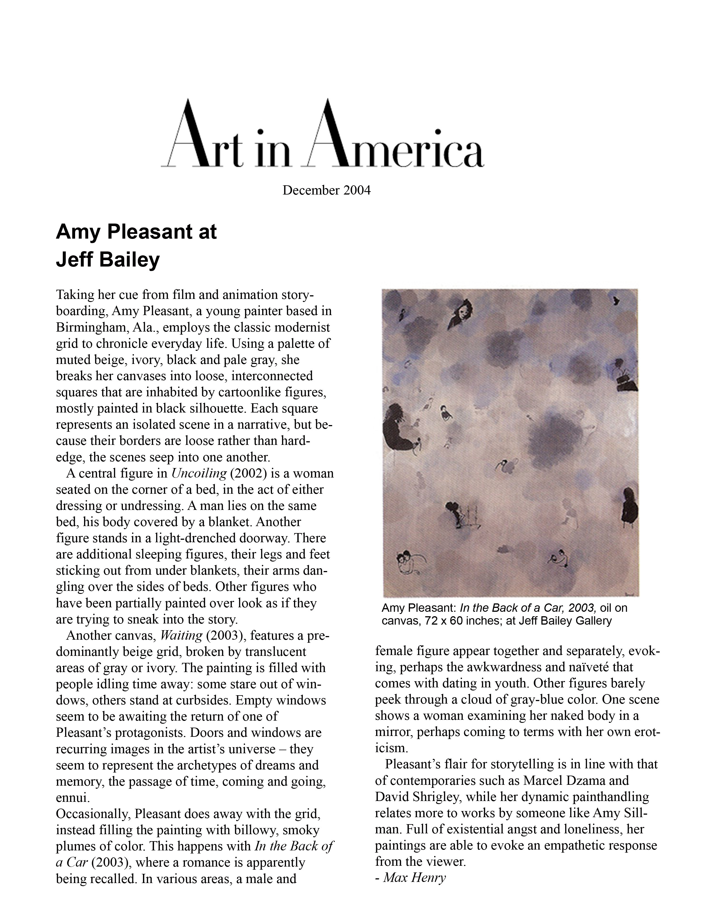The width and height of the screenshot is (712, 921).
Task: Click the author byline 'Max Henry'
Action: (414, 878)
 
